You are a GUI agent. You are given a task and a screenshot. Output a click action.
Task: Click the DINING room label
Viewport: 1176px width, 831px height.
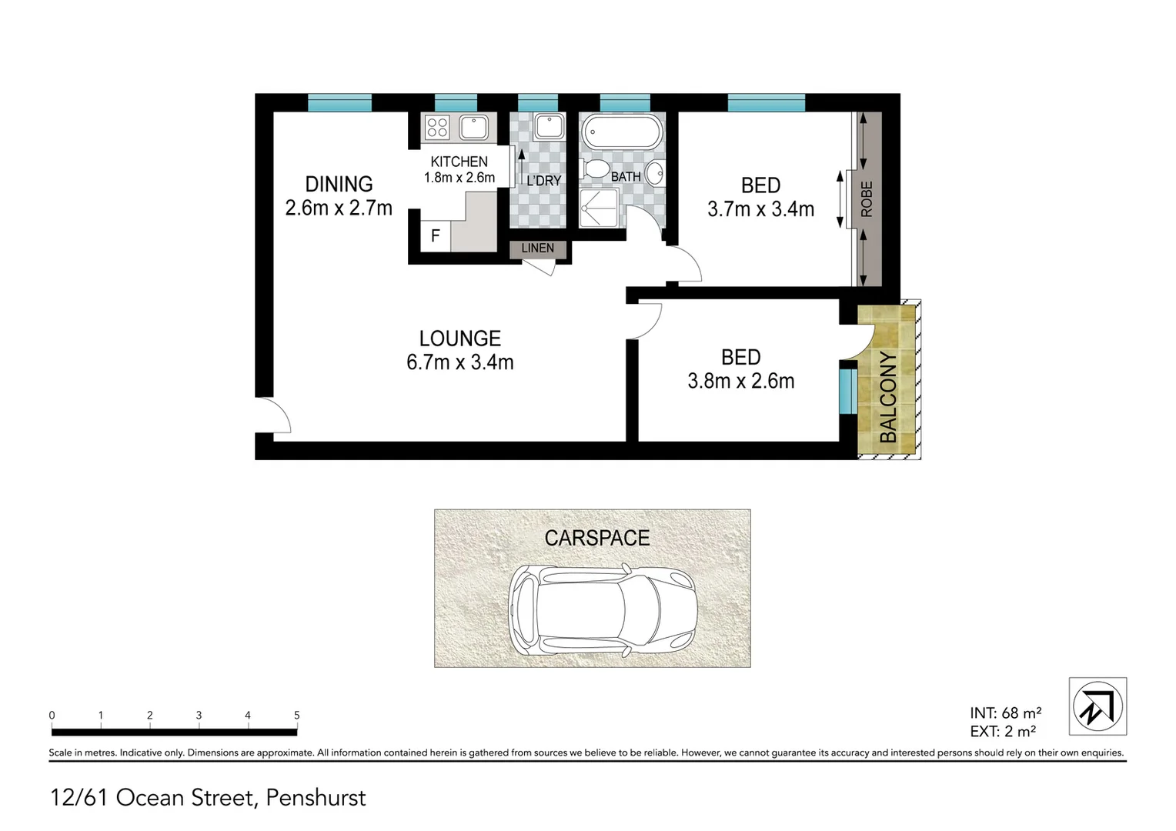coord(339,185)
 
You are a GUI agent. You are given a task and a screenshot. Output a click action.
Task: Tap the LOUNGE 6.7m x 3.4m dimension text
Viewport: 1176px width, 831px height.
coord(459,362)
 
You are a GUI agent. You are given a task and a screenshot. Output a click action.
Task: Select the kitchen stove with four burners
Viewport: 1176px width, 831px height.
coord(437,127)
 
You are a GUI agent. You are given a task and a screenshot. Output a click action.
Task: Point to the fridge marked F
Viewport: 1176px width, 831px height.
coord(435,236)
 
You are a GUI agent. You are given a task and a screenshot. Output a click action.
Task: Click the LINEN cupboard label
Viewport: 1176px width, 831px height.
coord(537,249)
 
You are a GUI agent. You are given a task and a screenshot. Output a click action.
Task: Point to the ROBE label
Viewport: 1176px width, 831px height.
coord(867,199)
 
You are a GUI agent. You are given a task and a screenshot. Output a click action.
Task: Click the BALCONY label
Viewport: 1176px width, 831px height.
coord(887,396)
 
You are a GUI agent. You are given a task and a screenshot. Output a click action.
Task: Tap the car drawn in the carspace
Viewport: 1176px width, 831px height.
coord(603,610)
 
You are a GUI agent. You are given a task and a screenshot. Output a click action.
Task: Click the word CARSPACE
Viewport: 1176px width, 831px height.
coord(596,538)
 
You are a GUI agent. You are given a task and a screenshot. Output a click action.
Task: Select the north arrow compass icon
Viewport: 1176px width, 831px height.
coord(1097,706)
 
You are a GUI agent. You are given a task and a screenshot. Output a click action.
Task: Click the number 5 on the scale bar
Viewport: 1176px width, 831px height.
coord(296,716)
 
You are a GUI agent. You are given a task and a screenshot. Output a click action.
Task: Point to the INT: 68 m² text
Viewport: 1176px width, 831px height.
coord(1005,713)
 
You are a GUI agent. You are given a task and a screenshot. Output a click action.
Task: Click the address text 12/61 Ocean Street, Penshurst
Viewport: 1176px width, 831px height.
coord(208,798)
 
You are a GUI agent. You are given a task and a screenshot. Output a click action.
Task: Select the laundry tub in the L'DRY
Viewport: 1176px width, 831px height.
coord(549,125)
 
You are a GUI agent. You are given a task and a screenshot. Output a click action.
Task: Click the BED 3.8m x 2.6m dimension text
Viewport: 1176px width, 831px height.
coord(740,381)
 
